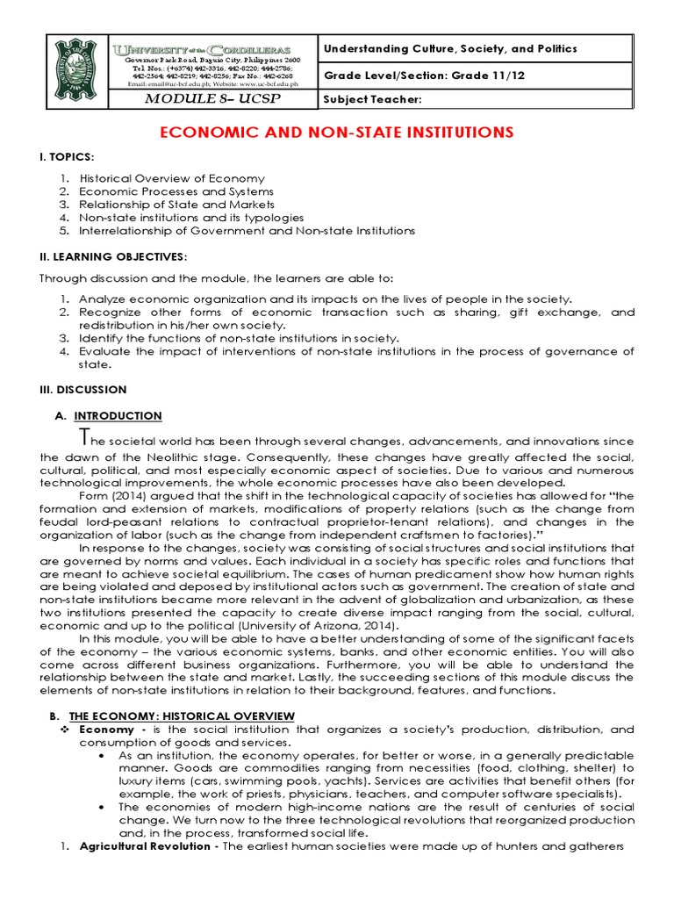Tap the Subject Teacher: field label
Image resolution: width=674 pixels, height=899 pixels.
(x=373, y=100)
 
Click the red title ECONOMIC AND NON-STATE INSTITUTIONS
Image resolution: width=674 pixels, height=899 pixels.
(x=336, y=132)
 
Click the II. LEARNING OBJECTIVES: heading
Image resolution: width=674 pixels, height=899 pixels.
(x=113, y=256)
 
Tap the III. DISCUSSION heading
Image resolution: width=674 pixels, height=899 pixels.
(x=83, y=389)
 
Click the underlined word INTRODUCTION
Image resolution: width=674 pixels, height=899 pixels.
(x=118, y=415)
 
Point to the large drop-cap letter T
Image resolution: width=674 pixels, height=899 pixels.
(x=83, y=436)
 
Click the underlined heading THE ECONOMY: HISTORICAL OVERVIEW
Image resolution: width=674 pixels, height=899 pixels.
(x=182, y=717)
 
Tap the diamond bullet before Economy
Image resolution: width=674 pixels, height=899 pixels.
(x=64, y=730)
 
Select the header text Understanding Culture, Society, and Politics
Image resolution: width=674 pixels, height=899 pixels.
(x=451, y=48)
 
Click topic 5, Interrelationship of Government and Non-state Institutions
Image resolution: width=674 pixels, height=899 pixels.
(x=247, y=231)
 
